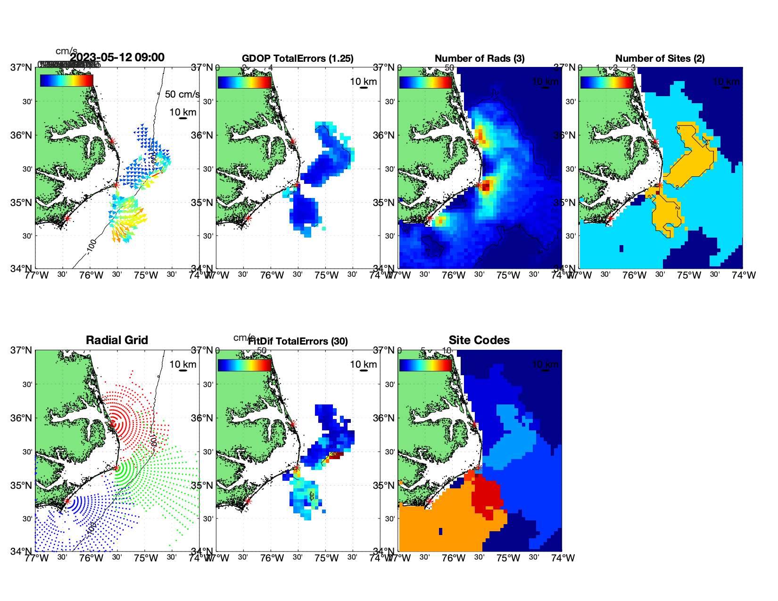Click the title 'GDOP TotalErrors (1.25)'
[x=298, y=58]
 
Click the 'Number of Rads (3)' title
[x=480, y=58]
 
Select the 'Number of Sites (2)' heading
[x=660, y=58]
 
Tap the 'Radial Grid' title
[x=117, y=340]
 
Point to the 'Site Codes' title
[x=479, y=340]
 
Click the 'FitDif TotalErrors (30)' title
[x=298, y=341]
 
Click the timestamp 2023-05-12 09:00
[x=117, y=58]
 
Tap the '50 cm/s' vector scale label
[x=182, y=94]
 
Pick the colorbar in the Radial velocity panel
[x=66, y=81]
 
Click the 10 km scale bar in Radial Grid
[x=183, y=370]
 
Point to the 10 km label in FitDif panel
[x=363, y=364]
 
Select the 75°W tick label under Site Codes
[x=508, y=558]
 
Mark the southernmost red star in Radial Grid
[x=67, y=501]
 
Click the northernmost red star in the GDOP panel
[x=293, y=141]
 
